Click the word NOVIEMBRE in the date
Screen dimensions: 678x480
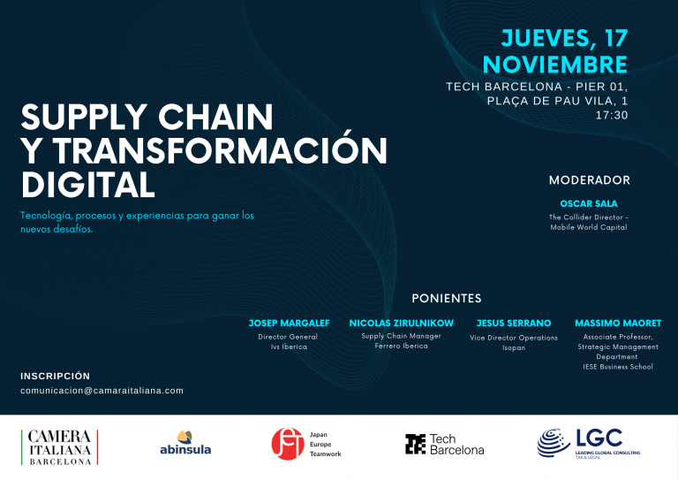555,65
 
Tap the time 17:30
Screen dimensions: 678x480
612,115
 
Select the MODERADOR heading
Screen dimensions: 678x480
590,180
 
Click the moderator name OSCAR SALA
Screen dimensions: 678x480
589,203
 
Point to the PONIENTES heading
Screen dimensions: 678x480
446,298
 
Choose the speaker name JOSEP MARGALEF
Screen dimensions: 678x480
289,323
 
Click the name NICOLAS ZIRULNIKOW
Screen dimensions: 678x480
402,323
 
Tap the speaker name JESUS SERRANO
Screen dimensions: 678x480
514,323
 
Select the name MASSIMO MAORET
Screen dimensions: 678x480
618,323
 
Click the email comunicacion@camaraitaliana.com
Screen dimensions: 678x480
102,391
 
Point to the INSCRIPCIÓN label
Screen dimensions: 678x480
56,376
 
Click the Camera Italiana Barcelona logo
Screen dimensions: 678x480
60,447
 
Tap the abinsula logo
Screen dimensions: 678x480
185,443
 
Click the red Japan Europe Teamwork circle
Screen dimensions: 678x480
288,444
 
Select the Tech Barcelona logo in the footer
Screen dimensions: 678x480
445,445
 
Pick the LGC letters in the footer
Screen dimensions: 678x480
599,438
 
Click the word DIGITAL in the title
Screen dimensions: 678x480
87,185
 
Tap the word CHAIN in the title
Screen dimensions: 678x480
215,117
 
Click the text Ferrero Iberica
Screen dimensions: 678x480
402,346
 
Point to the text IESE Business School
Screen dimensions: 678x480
618,367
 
